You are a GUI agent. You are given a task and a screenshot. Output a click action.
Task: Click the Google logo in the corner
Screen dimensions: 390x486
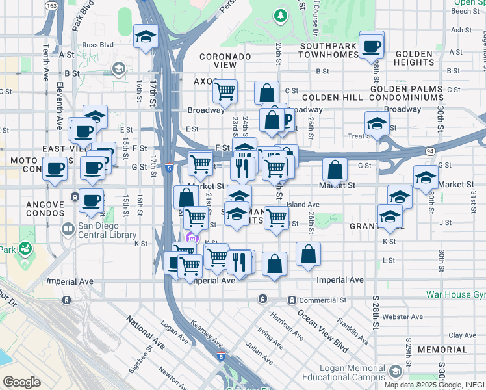pyautogui.click(x=21, y=382)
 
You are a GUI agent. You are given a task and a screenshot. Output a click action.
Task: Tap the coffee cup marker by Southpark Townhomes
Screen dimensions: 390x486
pyautogui.click(x=372, y=45)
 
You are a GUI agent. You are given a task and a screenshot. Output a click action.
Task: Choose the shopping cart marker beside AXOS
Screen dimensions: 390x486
pyautogui.click(x=225, y=91)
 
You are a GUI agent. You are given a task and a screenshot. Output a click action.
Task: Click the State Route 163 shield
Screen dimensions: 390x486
pyautogui.click(x=52, y=5)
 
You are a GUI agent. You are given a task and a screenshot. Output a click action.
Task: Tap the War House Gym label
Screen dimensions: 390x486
pyautogui.click(x=455, y=294)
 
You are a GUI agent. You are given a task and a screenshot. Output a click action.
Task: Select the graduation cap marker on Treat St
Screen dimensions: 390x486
pyautogui.click(x=377, y=123)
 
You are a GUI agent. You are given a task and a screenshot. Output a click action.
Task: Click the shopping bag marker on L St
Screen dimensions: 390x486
pyautogui.click(x=309, y=254)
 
